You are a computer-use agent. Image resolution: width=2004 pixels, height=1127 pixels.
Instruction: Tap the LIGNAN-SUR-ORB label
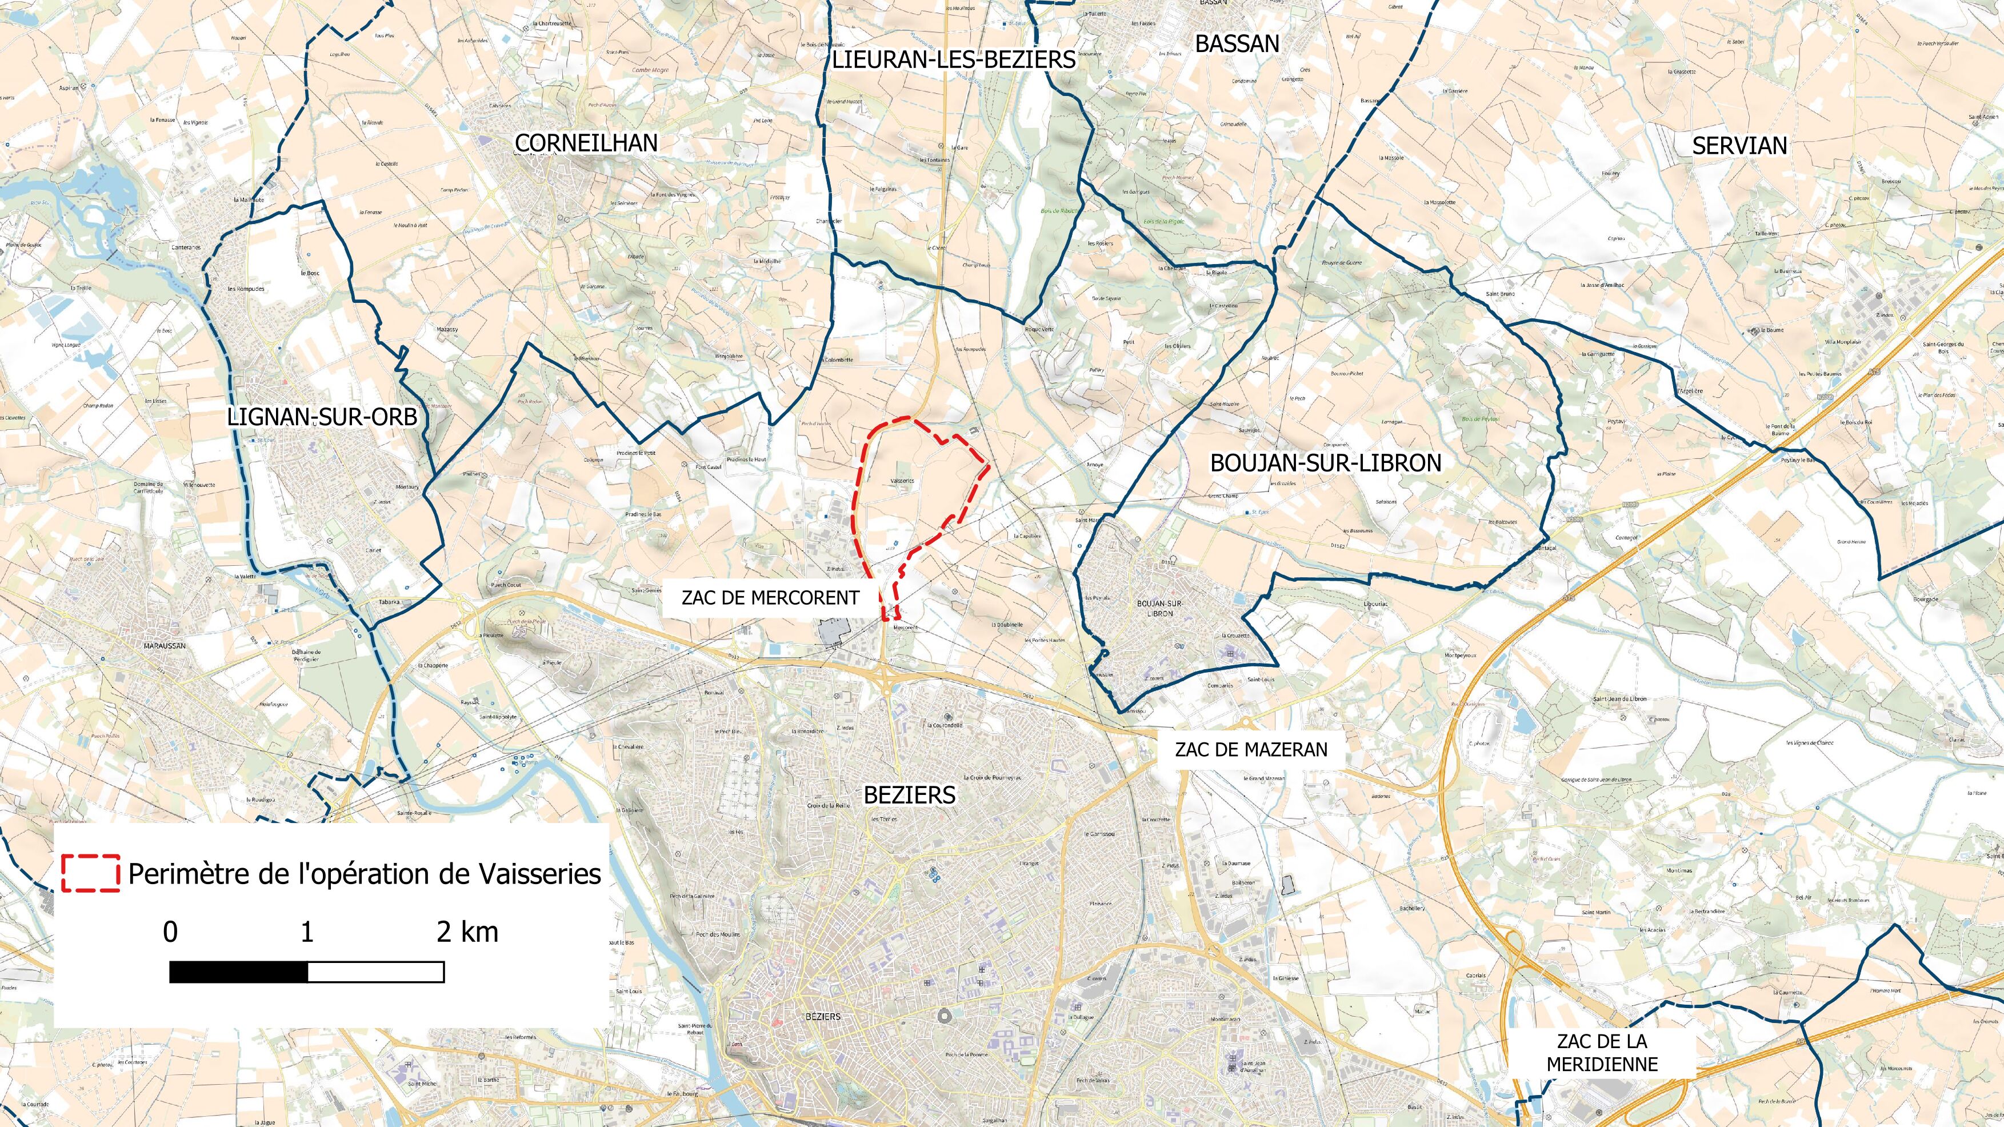click(x=322, y=417)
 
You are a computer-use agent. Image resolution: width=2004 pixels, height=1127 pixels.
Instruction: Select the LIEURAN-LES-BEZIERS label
click(x=954, y=60)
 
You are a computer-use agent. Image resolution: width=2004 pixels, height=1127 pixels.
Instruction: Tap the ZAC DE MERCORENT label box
click(x=770, y=598)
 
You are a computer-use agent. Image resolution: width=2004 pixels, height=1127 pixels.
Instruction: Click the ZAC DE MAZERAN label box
click(x=1251, y=749)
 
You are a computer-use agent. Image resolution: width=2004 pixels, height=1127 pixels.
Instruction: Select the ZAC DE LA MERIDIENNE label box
click(x=1601, y=1052)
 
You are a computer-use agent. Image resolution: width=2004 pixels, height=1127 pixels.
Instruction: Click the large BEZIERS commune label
click(x=909, y=794)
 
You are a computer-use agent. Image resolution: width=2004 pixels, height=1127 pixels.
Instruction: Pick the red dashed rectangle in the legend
click(x=91, y=873)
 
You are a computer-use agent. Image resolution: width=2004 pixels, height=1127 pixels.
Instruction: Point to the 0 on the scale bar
click(x=170, y=932)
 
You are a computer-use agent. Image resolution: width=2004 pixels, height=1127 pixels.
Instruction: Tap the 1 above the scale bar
click(x=307, y=932)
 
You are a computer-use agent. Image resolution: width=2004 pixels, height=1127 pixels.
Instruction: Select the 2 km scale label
click(x=467, y=932)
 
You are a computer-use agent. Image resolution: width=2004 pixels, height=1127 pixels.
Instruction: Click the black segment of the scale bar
click(x=239, y=972)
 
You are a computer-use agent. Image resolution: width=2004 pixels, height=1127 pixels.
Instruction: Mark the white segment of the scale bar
click(x=376, y=972)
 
